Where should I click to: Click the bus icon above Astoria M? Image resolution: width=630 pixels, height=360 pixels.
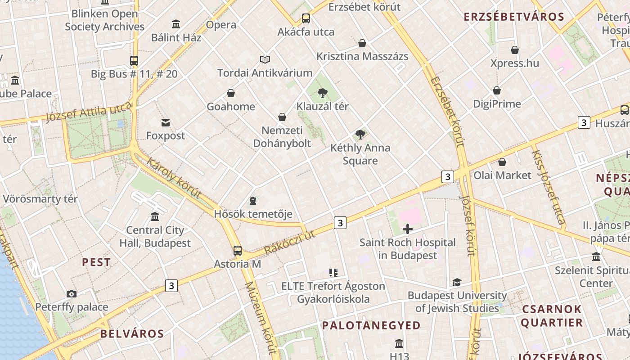tap(238, 251)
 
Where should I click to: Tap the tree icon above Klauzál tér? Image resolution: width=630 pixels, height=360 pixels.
tap(322, 93)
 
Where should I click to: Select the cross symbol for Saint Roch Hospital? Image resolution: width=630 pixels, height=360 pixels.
tap(407, 229)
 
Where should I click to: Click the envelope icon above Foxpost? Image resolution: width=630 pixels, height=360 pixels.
tap(166, 122)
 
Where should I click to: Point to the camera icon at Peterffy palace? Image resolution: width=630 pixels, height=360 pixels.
tap(71, 294)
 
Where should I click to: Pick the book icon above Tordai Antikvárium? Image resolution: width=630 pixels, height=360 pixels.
tap(265, 59)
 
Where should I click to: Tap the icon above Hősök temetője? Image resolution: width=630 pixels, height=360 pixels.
tap(253, 201)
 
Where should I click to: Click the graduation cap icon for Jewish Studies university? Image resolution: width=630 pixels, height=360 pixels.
tap(457, 282)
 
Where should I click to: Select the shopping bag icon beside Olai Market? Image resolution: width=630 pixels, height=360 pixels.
tap(502, 162)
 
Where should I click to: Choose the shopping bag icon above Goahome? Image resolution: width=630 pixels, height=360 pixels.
tap(231, 93)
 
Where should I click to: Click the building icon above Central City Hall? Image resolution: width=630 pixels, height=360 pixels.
tap(155, 217)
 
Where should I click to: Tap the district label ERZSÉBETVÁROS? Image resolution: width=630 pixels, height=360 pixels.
tap(513, 17)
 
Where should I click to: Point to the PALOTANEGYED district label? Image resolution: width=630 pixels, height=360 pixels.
tap(371, 325)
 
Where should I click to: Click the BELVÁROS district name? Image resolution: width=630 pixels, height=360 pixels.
tap(132, 333)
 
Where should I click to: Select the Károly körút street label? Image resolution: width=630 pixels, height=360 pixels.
tap(174, 179)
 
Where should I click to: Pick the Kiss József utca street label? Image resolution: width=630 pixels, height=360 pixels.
tap(548, 187)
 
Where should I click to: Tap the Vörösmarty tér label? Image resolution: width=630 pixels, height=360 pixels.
tap(40, 199)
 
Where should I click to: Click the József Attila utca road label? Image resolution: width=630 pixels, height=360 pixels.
tap(89, 112)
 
